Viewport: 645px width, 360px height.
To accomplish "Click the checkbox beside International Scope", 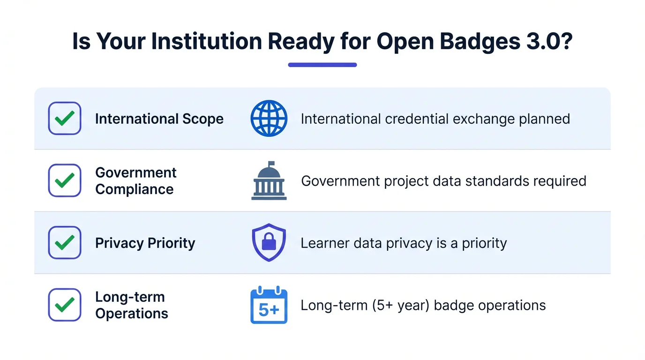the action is click(65, 119).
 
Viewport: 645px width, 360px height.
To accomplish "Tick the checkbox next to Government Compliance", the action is click(65, 180).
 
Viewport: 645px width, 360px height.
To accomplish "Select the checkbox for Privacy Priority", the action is click(65, 243).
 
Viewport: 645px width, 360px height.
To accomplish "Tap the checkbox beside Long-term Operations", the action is click(65, 305).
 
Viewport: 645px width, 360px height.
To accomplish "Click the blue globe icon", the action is click(269, 119).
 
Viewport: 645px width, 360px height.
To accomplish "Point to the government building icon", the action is click(269, 180).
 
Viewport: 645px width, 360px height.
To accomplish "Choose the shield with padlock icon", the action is click(269, 242).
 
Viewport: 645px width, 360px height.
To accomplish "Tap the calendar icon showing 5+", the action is click(269, 305).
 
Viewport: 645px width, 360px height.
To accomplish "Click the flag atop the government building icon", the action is click(271, 164).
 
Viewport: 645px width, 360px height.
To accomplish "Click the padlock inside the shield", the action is click(269, 241).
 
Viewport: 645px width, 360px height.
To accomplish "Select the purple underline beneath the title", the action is click(322, 65).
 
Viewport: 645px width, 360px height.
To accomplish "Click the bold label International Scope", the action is click(159, 119).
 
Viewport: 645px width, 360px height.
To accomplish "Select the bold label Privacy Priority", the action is click(145, 243).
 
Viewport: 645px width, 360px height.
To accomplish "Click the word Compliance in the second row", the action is click(135, 189).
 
